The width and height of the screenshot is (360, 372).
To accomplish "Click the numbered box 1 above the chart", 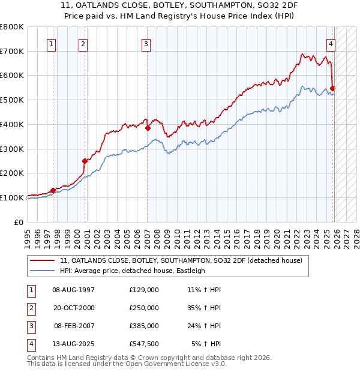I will click(x=52, y=43).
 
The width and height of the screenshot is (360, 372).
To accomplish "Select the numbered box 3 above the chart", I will click(x=146, y=43).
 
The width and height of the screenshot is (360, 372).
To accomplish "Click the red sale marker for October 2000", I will click(x=85, y=160).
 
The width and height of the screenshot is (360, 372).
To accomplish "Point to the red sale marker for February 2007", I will click(x=148, y=128).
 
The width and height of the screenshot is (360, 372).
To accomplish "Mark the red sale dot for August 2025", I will click(x=333, y=89).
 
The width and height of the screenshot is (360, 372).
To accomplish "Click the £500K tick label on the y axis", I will click(x=12, y=100).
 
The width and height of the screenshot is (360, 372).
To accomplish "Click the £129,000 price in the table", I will click(x=144, y=290).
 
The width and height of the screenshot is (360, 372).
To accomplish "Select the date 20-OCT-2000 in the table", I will click(x=74, y=308).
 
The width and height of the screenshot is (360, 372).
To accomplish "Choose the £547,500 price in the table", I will click(x=144, y=344).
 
